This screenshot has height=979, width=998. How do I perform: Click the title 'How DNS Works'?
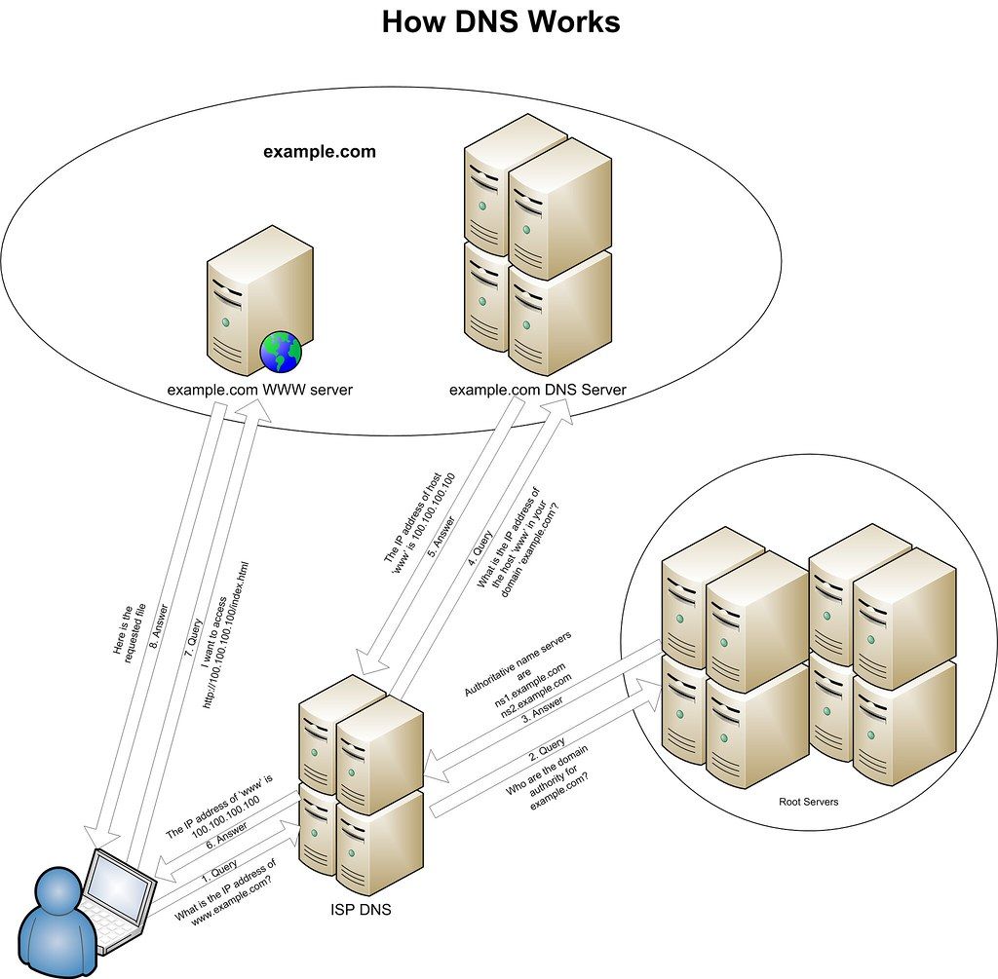pos(500,21)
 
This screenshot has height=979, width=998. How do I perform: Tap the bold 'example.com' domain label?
pos(319,152)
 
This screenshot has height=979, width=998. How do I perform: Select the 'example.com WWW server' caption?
pos(259,390)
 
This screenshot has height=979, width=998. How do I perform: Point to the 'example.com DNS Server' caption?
pos(537,390)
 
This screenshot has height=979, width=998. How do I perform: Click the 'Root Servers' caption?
pos(808,803)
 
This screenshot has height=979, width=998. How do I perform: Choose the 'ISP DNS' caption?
pos(362,910)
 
